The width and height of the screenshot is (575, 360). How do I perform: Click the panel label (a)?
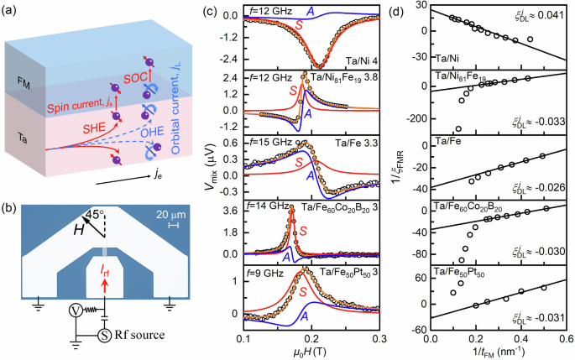13,10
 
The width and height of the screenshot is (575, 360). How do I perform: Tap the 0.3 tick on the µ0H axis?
378,340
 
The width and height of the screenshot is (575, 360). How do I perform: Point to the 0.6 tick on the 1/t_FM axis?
567,340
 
